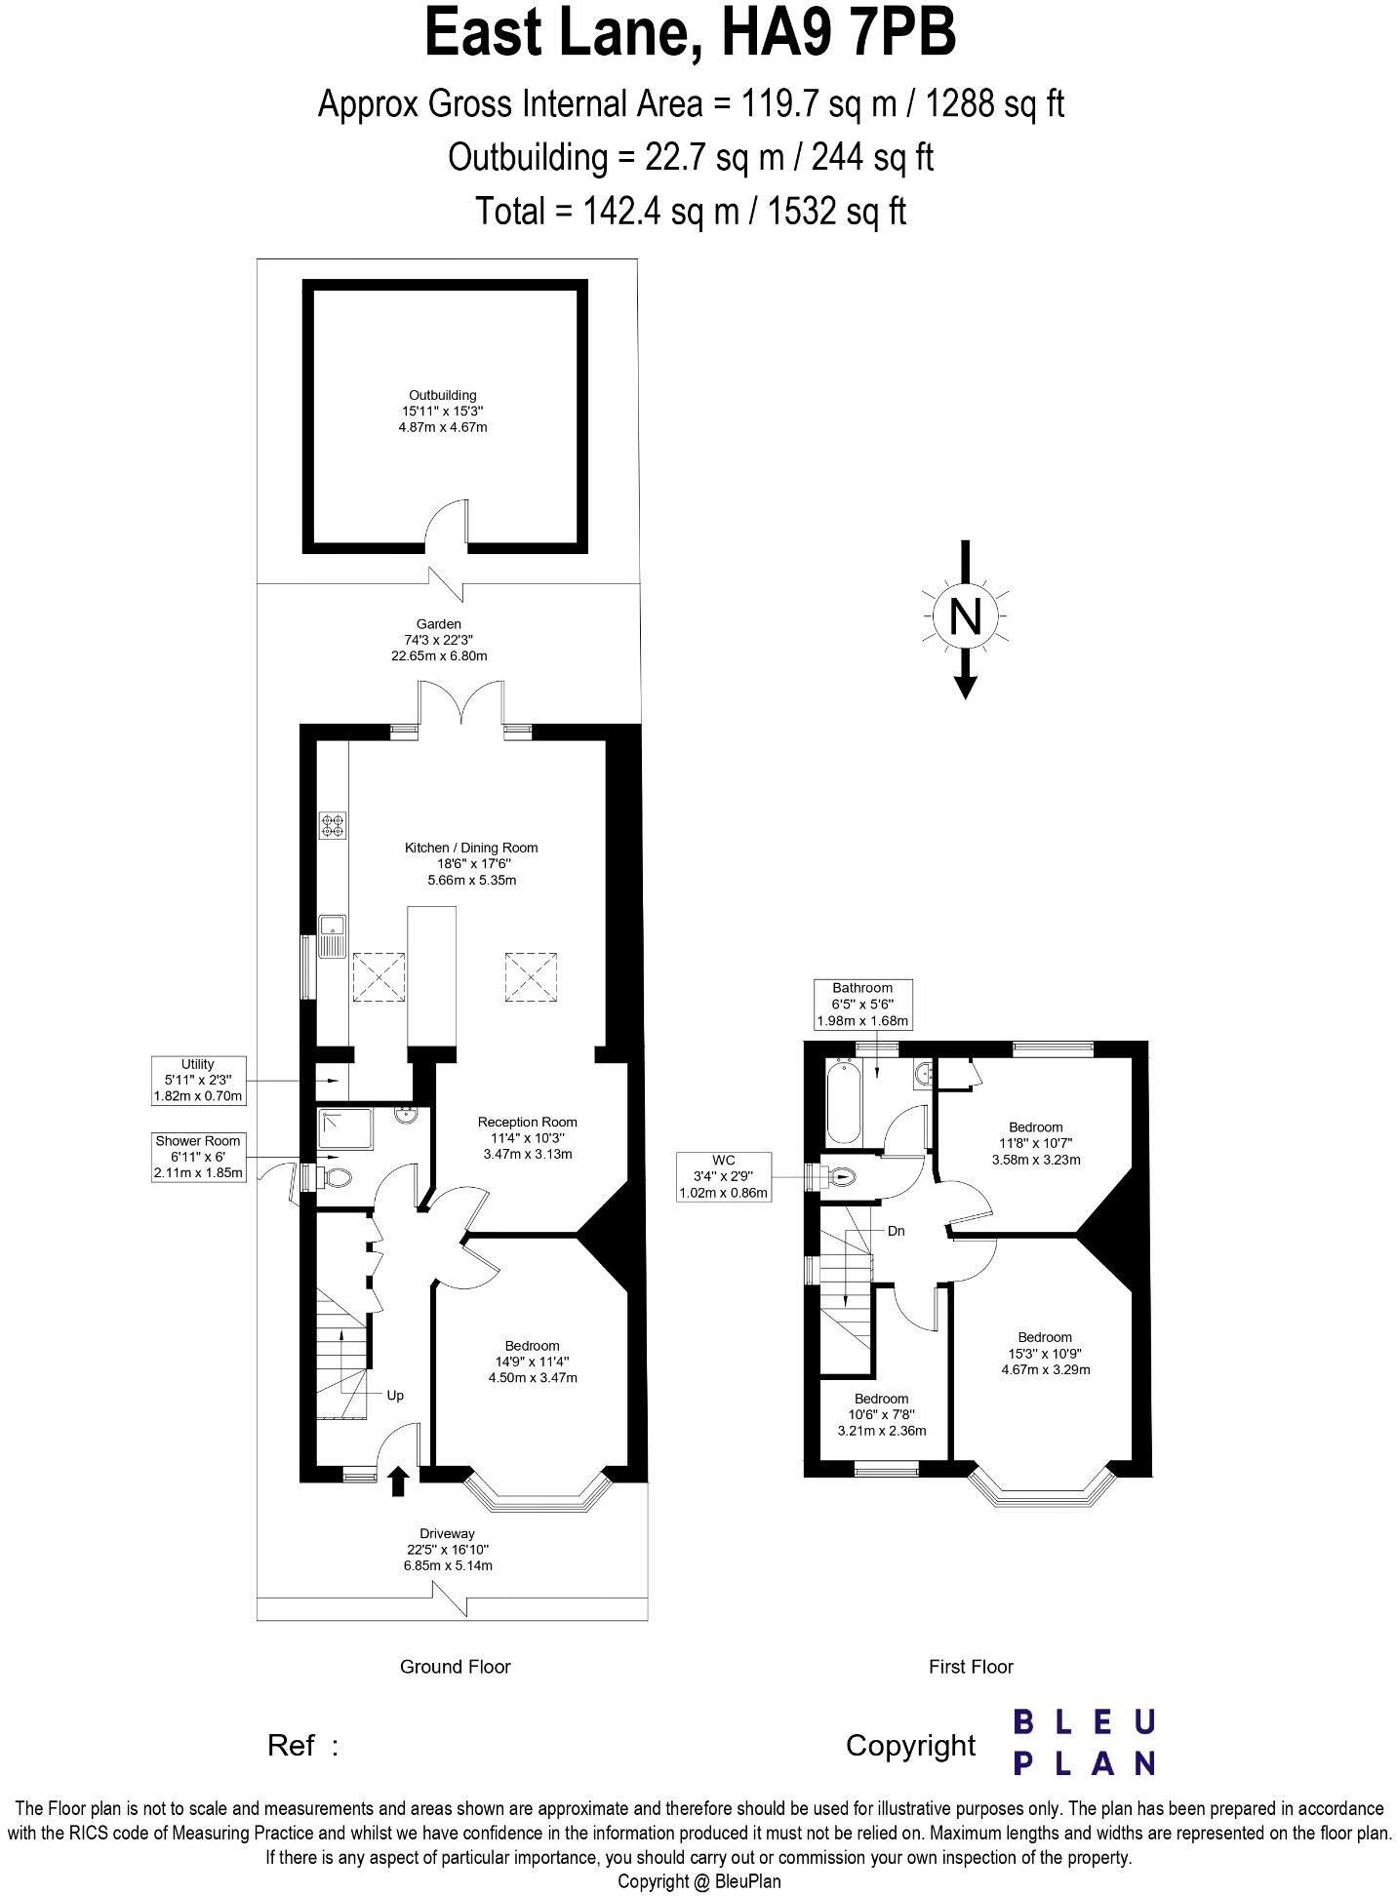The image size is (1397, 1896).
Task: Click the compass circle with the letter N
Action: click(965, 615)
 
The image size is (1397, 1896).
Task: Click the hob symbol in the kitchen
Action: click(333, 826)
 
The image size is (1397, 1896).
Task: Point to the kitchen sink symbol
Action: click(332, 936)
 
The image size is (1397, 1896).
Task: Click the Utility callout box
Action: click(198, 1081)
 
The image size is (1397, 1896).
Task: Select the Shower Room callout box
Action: click(198, 1157)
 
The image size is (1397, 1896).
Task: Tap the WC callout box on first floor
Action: click(723, 1176)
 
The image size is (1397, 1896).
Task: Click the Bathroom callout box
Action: click(862, 1005)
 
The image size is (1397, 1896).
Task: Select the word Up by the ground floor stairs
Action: click(395, 1396)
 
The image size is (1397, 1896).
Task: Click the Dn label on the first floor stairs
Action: click(896, 1231)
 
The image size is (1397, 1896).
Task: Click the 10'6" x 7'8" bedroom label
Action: click(881, 1414)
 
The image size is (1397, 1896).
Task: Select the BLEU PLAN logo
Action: click(1084, 1742)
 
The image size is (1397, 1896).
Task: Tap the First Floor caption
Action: click(971, 1667)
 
